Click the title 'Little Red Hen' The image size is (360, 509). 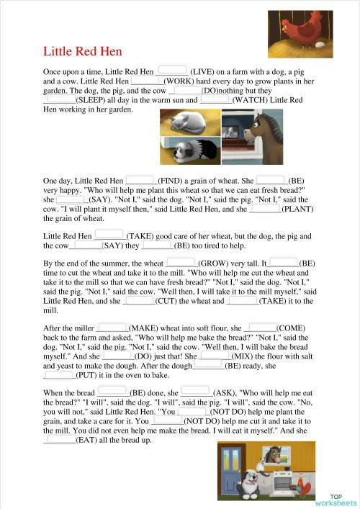(x=83, y=52)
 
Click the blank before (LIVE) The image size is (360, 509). (x=172, y=71)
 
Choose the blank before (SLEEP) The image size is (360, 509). (x=59, y=100)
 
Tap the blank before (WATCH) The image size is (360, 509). (x=215, y=100)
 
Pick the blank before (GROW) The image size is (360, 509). (x=181, y=263)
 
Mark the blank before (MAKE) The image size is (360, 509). (x=112, y=327)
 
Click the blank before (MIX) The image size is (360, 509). (x=215, y=355)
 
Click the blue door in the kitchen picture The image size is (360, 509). (x=233, y=475)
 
